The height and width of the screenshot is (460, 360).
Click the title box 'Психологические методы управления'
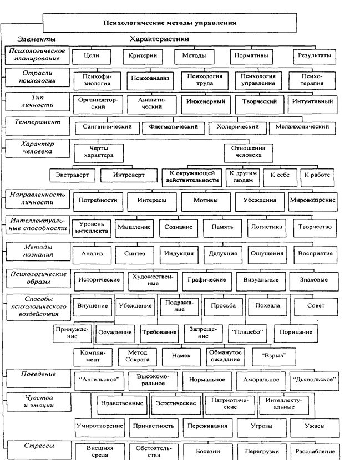tap(170, 23)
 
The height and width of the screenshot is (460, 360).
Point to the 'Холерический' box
tap(234, 127)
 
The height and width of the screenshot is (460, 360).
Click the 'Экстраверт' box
tap(72, 175)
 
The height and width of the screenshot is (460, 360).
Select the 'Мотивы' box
tap(205, 200)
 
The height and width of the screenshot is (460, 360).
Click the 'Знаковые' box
tap(313, 280)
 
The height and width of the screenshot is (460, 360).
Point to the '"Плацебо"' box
tap(245, 332)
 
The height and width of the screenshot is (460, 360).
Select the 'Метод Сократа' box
tap(138, 356)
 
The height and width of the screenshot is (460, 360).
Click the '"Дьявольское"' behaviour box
tap(313, 380)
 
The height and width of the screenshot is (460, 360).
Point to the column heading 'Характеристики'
tap(159, 39)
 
